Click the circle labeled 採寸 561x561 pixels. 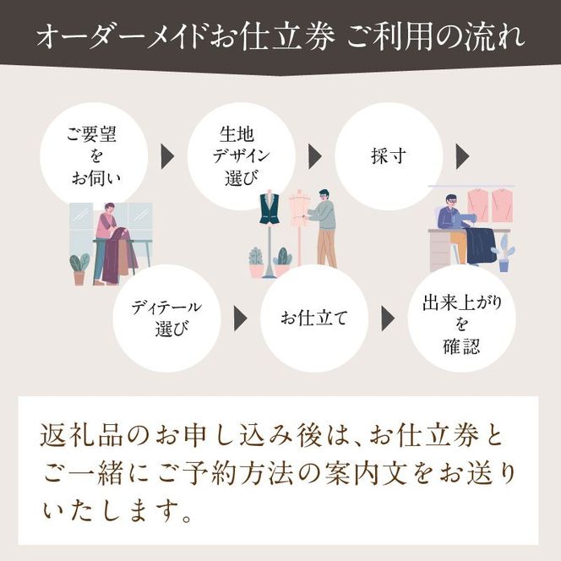[389, 156]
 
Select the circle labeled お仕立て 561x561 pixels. [314, 318]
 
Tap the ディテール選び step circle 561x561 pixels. [166, 318]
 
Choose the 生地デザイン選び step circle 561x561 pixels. [241, 156]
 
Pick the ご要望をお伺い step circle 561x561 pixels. [94, 156]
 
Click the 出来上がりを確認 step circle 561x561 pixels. [461, 318]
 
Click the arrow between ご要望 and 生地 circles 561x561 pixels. [167, 156]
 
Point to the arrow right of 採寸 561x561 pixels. [463, 156]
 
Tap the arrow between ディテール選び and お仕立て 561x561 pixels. [241, 318]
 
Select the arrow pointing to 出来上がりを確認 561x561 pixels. [388, 318]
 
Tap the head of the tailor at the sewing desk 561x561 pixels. [451, 203]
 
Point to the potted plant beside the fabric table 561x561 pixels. [79, 269]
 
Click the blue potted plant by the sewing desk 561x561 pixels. [504, 253]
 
